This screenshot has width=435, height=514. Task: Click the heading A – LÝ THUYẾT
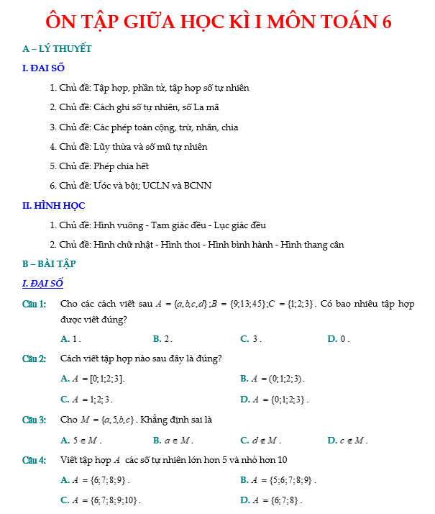click(x=57, y=49)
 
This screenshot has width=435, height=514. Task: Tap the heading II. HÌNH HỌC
click(x=54, y=206)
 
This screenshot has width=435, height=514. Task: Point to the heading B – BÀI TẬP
click(x=50, y=263)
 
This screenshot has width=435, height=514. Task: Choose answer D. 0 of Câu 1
click(x=338, y=338)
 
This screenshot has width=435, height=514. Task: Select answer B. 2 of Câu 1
click(x=163, y=338)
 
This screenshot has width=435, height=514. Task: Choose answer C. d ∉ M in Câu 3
click(x=260, y=440)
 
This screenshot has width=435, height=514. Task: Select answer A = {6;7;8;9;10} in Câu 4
click(x=101, y=500)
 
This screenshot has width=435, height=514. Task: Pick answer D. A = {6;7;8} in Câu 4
click(x=272, y=500)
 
